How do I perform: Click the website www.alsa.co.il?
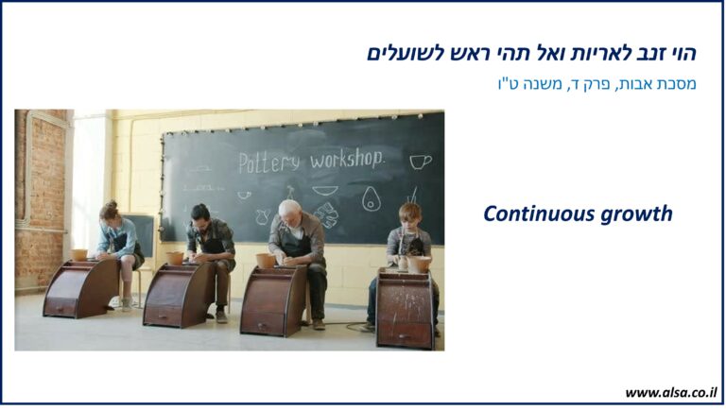point(670,393)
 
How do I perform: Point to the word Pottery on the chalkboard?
point(268,162)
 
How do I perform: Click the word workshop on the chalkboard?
point(347,160)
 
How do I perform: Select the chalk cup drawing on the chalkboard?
point(421,162)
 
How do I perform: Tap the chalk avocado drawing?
point(372,198)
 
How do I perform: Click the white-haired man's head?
point(290,213)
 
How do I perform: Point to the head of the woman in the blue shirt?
point(109,211)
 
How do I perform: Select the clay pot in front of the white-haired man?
point(266,260)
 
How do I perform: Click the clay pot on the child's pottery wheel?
point(419,265)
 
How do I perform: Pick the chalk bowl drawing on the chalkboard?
point(324,190)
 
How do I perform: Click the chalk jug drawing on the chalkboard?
point(263,216)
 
